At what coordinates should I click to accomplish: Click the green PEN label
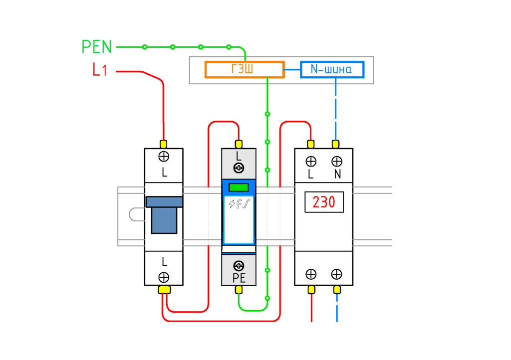tap(96, 47)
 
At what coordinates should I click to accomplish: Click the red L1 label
tap(100, 69)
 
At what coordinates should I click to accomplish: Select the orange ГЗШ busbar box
tap(245, 69)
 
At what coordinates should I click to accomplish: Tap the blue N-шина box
tap(332, 69)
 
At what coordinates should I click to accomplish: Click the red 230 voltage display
tap(324, 202)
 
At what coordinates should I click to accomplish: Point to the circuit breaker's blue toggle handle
tap(164, 215)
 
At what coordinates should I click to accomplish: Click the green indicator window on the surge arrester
tap(239, 187)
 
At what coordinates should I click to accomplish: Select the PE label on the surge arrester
tap(239, 278)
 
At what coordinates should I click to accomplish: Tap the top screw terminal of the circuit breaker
tap(164, 157)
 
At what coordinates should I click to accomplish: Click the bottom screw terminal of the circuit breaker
tap(164, 277)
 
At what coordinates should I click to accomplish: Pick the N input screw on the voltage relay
tap(337, 161)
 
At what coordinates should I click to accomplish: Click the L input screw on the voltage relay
tap(311, 161)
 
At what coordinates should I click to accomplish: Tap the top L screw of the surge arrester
tap(239, 168)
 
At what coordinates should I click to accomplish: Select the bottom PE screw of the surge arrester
tap(239, 266)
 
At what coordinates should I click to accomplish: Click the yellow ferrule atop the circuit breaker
tap(164, 144)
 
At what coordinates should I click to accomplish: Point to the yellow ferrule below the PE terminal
tap(239, 289)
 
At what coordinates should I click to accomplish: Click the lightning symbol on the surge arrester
tap(232, 204)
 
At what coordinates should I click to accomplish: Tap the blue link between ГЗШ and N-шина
tap(292, 69)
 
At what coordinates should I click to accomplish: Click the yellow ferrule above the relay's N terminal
tap(336, 144)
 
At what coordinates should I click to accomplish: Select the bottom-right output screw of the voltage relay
tap(337, 274)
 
